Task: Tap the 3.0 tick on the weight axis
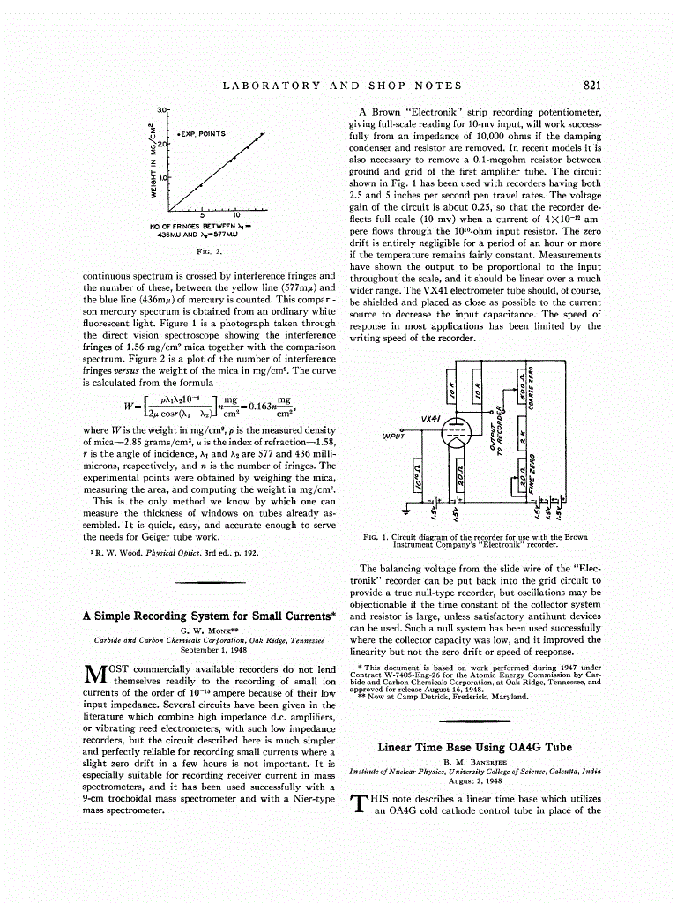tap(161, 108)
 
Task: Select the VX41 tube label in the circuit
tap(432, 418)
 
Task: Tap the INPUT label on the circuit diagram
tap(394, 436)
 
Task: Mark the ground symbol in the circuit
tap(406, 511)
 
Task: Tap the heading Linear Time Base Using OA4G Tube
tap(475, 747)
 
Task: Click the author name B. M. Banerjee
tap(475, 762)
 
